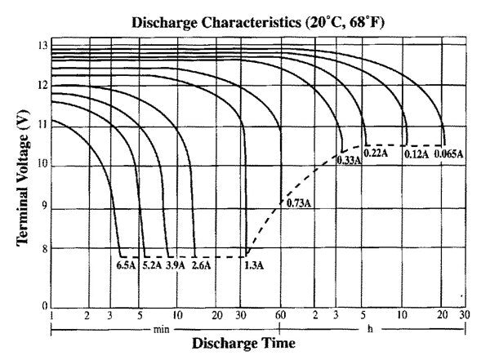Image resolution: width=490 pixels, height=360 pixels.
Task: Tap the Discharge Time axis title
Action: click(243, 343)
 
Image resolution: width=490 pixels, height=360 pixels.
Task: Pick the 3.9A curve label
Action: click(176, 264)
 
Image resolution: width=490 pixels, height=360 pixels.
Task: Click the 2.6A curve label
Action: click(200, 264)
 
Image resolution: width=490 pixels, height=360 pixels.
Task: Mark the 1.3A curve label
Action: click(253, 264)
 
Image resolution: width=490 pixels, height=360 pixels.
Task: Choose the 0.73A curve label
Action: click(296, 202)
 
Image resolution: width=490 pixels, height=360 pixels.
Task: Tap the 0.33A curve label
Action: click(350, 161)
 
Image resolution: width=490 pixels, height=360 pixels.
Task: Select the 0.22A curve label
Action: click(376, 153)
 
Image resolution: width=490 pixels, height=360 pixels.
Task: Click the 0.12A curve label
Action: click(416, 153)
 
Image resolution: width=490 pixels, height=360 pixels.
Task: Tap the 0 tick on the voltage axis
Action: click(45, 307)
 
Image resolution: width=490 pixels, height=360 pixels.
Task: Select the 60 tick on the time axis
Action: click(280, 316)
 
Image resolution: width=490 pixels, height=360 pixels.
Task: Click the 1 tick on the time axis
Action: click(51, 316)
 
